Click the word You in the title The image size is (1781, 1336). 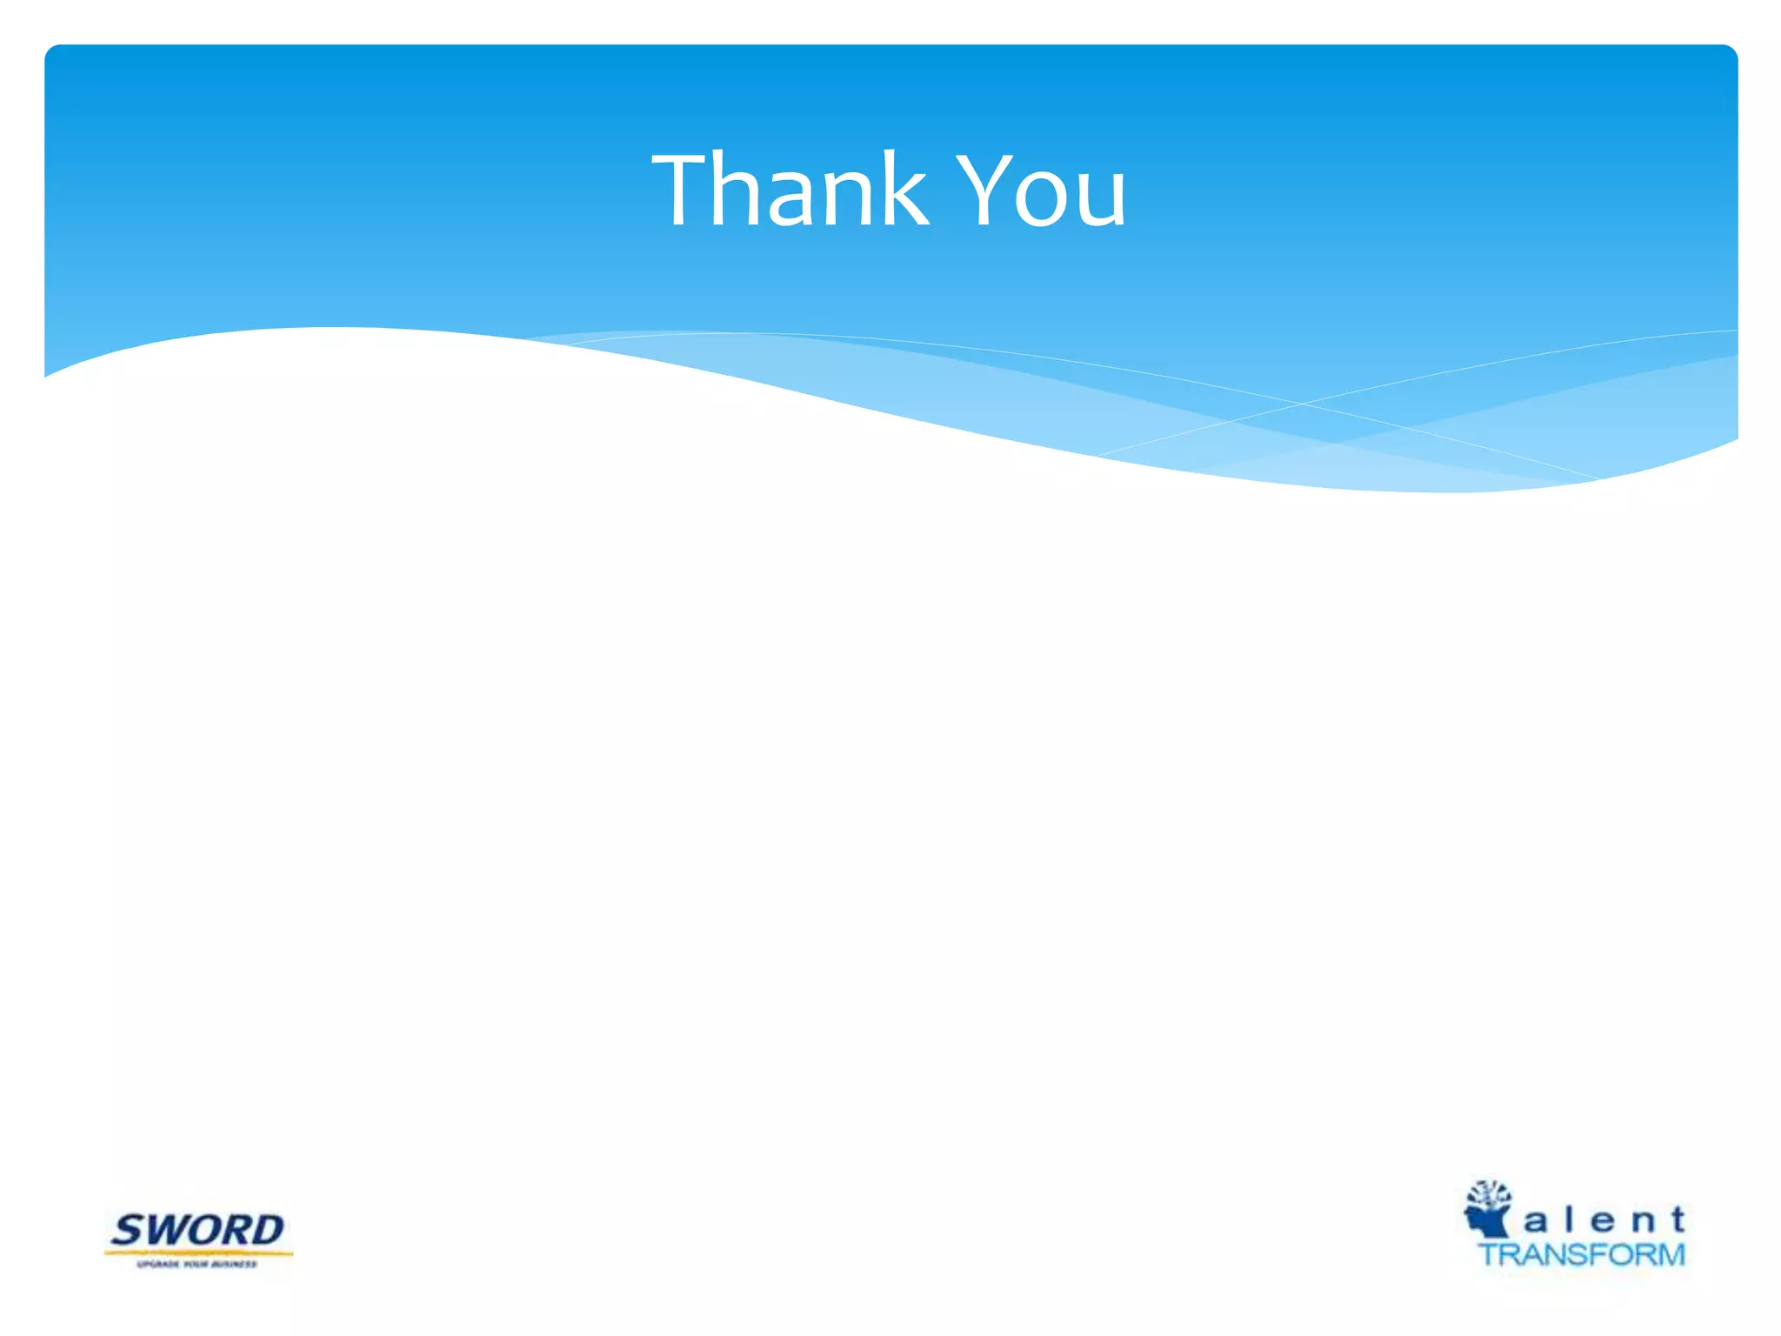[x=1044, y=191]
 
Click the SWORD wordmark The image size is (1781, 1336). [x=197, y=1230]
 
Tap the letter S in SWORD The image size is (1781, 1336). [x=130, y=1231]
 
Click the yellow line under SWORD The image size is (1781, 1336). [x=198, y=1253]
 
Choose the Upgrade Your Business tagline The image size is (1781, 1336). [x=197, y=1264]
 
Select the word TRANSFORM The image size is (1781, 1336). [x=1582, y=1254]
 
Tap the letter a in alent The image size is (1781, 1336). [x=1536, y=1222]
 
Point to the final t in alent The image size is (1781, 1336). [x=1677, y=1219]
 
